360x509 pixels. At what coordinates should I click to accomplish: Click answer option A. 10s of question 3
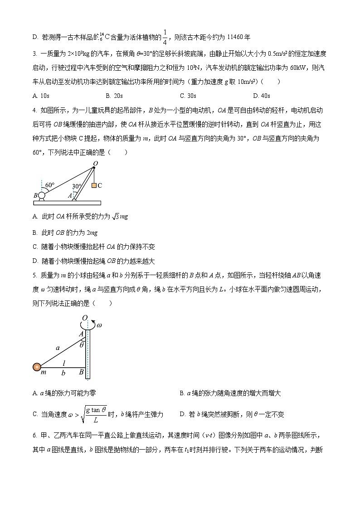(40, 96)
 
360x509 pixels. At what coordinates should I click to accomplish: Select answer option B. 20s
(114, 96)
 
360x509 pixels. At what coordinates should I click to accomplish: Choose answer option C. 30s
(188, 96)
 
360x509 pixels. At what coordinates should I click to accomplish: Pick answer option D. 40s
(262, 96)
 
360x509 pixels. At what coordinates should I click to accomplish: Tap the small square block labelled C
(93, 185)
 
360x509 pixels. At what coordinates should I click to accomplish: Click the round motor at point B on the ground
(41, 196)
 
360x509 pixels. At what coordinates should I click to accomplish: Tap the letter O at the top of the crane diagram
(95, 163)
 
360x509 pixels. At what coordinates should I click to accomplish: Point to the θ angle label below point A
(82, 345)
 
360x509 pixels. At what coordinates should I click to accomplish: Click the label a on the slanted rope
(57, 348)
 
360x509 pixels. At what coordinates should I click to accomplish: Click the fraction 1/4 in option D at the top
(165, 38)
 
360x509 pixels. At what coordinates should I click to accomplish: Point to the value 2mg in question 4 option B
(92, 233)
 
